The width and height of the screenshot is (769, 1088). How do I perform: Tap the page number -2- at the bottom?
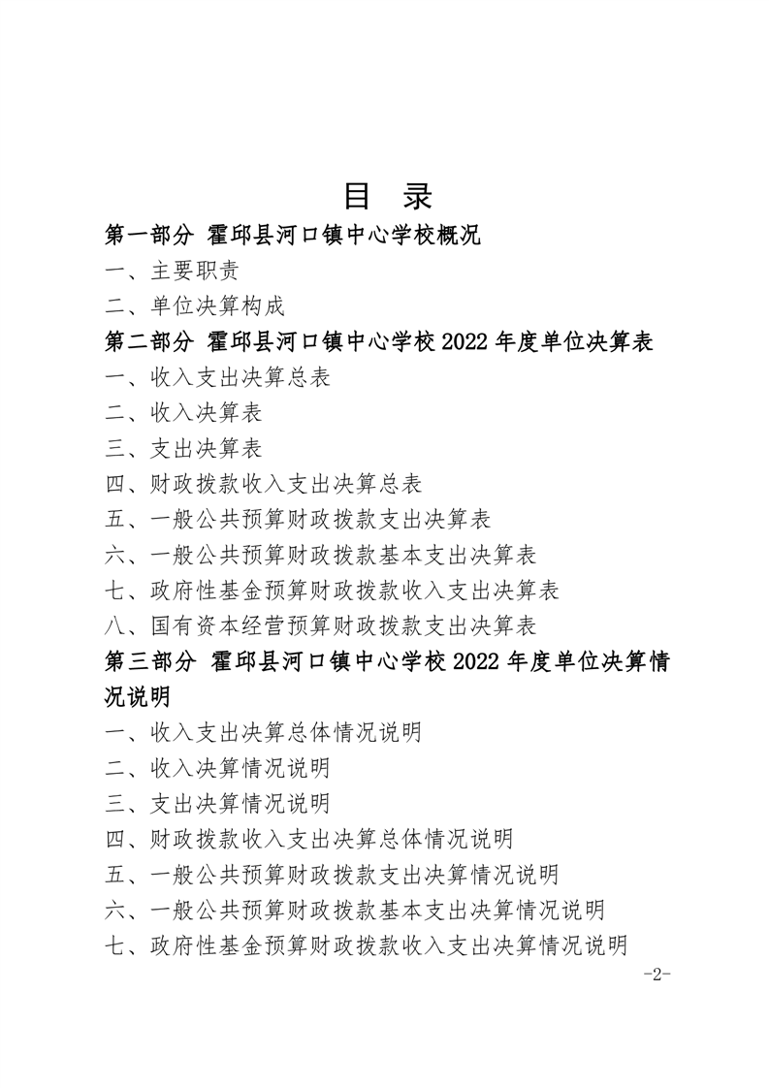pyautogui.click(x=657, y=975)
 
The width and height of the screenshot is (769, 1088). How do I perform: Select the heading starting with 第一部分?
pyautogui.click(x=293, y=235)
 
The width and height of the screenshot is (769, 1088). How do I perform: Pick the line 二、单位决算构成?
pyautogui.click(x=196, y=306)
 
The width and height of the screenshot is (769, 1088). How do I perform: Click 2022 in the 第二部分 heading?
pyautogui.click(x=472, y=342)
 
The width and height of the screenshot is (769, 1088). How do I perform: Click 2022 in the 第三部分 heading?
pyautogui.click(x=472, y=661)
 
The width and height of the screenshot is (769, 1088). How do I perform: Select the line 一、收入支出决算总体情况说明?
pyautogui.click(x=264, y=732)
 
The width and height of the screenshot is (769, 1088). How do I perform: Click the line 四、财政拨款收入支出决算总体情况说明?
pyautogui.click(x=309, y=838)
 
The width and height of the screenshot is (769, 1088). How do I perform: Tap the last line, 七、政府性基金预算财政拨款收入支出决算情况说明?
pyautogui.click(x=367, y=944)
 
